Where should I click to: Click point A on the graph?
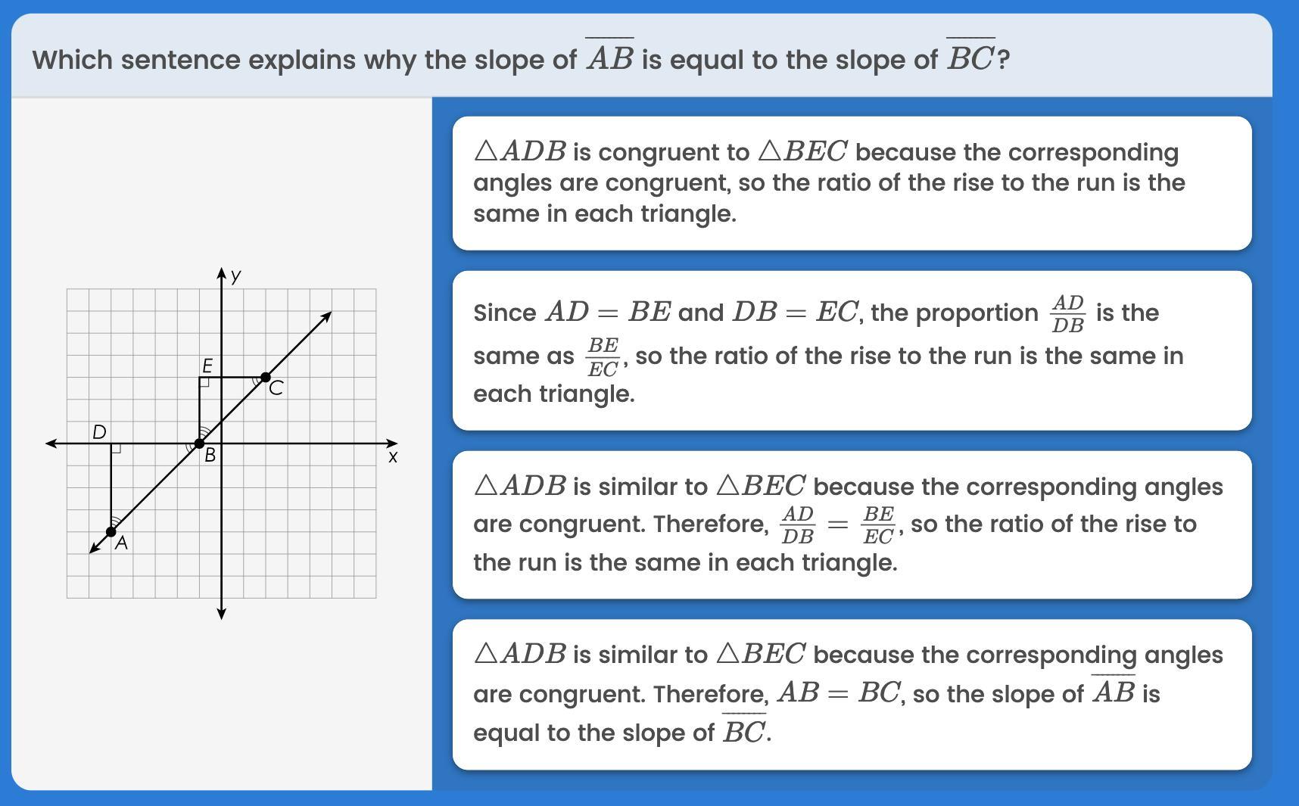(111, 531)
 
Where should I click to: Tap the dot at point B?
(199, 443)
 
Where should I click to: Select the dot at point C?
(266, 377)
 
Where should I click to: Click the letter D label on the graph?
(99, 432)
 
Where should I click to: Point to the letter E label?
(207, 366)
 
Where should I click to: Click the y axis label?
(236, 275)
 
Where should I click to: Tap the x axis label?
(392, 457)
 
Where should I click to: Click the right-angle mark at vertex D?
(116, 449)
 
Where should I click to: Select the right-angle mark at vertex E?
(204, 382)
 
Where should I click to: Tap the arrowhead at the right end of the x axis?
(391, 443)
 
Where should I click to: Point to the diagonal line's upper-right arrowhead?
(326, 316)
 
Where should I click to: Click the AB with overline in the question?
(609, 56)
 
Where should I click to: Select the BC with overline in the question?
(971, 56)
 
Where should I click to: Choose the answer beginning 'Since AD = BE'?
(852, 350)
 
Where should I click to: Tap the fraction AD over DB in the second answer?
(1067, 313)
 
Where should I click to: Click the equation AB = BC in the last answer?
(839, 692)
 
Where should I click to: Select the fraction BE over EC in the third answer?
(878, 525)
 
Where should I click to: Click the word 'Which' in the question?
(72, 60)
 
